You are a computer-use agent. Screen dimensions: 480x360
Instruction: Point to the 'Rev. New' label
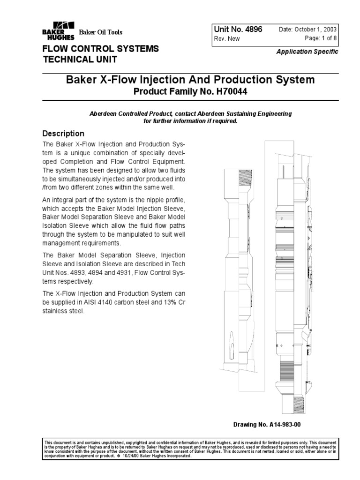pos(226,39)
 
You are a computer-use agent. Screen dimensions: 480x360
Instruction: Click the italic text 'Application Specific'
pos(307,52)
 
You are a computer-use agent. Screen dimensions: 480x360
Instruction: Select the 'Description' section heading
pos(64,134)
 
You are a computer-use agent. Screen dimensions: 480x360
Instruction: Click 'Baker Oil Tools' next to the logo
pos(100,32)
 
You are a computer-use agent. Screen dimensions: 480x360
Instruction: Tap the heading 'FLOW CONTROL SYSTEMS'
pos(101,49)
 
